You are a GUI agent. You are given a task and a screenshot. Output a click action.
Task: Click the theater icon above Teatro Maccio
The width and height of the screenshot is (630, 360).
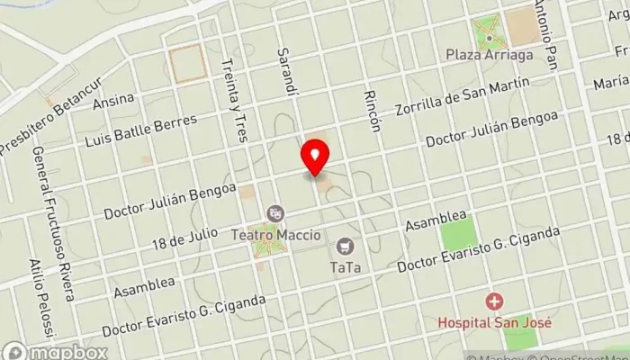coord(275,213)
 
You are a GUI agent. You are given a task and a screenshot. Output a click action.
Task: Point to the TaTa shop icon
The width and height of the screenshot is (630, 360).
coord(345,245)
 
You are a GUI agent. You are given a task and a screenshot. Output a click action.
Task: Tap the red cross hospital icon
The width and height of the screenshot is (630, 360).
coord(493,301)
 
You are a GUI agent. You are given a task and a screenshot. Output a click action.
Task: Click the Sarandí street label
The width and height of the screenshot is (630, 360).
coord(288,72)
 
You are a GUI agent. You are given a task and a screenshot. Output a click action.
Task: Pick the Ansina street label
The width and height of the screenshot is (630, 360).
coord(113,99)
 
